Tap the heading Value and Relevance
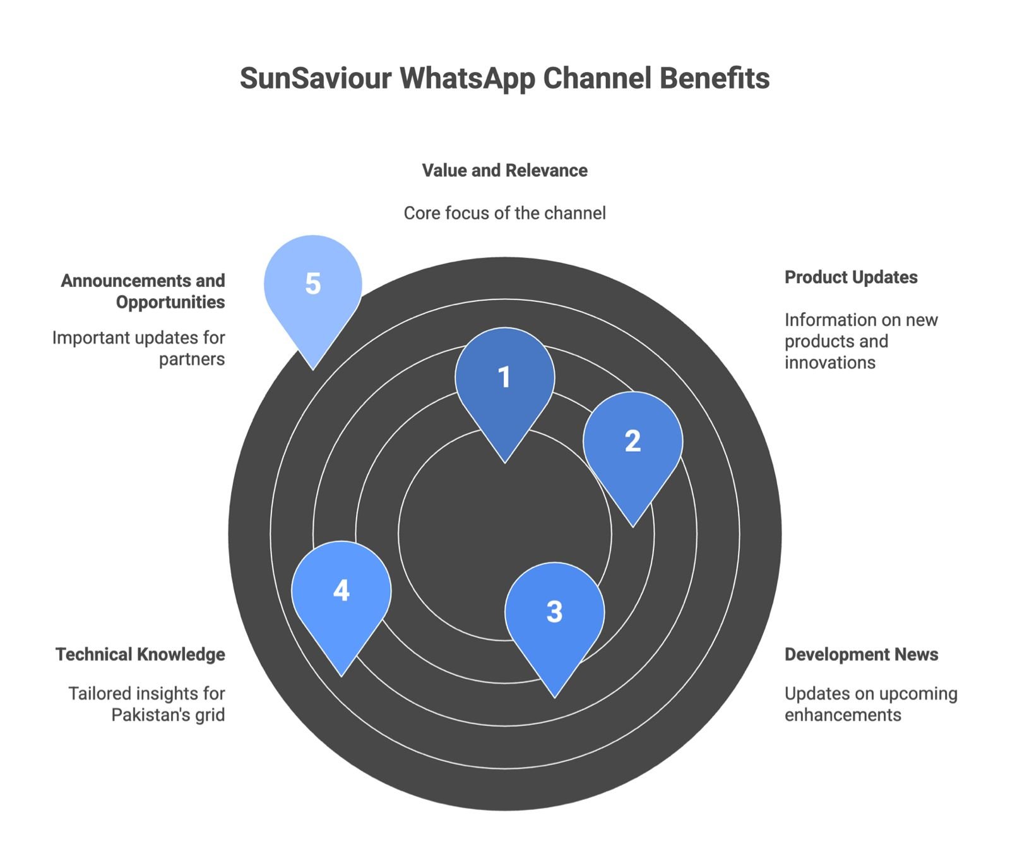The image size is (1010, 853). coord(504,171)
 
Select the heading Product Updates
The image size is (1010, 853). coord(850,277)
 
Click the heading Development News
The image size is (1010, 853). coord(861,655)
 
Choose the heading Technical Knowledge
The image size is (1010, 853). coord(140,655)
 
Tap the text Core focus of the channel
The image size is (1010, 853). coord(504,213)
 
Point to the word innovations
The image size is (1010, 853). coord(829,363)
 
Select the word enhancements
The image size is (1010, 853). coord(842,715)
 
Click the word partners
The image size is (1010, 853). coord(192,360)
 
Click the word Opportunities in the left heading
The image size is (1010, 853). coord(170,302)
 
